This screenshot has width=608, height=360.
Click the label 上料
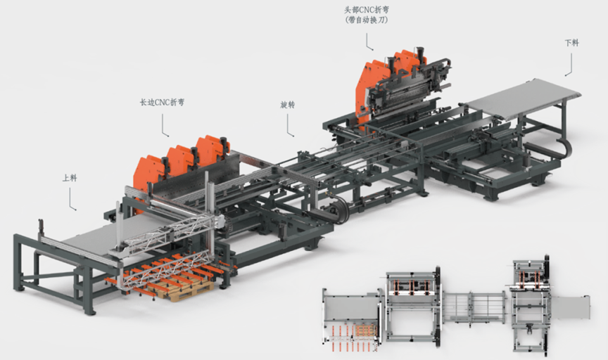click(x=70, y=178)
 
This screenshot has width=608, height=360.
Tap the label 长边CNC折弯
click(x=162, y=103)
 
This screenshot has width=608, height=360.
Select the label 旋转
click(x=287, y=105)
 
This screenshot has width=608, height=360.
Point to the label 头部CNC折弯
click(x=367, y=10)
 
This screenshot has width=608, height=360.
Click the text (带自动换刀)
click(x=367, y=20)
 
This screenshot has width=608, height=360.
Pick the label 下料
click(x=571, y=43)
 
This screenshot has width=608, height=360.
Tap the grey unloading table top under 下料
click(x=524, y=97)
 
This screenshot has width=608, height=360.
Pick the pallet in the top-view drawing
click(x=366, y=331)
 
